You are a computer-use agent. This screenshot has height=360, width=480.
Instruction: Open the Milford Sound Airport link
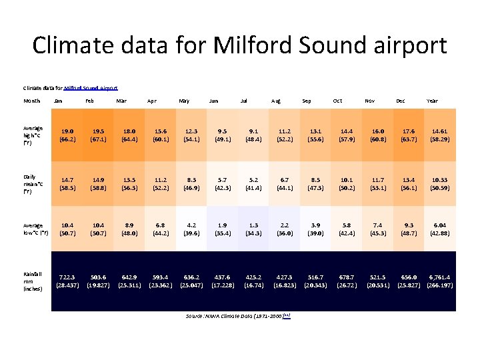coord(91,87)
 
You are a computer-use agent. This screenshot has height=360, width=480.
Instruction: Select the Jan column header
coord(59,101)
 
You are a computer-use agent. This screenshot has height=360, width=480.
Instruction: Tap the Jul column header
coord(244,101)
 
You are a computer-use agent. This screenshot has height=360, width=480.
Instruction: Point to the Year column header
coord(432,101)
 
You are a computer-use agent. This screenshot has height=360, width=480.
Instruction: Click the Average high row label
coord(33,135)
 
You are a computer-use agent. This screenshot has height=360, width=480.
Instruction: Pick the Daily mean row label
coord(33,183)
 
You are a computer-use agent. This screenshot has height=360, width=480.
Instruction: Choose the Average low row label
coord(36,230)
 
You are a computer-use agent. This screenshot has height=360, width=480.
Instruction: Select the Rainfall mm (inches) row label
coord(33,281)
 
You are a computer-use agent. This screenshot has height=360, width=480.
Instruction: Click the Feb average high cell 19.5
coord(99,136)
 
